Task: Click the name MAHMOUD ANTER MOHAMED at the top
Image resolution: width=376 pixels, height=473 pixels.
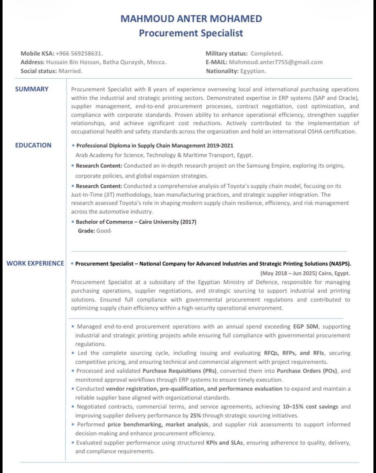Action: (191, 19)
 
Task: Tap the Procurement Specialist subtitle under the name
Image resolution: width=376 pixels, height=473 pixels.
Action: (191, 33)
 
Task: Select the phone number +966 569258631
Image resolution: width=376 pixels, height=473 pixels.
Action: (79, 54)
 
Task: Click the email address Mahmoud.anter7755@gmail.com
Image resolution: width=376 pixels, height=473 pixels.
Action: (275, 62)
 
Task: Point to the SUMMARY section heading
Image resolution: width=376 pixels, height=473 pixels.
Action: (32, 89)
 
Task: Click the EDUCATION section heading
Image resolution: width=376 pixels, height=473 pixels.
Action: (33, 145)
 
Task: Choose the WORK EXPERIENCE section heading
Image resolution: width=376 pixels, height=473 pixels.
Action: (35, 263)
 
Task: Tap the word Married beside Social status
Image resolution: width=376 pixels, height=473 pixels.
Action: (70, 71)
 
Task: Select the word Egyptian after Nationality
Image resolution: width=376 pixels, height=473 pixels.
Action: (253, 71)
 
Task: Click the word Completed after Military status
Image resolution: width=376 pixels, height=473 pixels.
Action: (266, 54)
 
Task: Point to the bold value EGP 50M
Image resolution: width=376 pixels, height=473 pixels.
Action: (306, 326)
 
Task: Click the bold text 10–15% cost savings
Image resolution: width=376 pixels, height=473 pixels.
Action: (311, 406)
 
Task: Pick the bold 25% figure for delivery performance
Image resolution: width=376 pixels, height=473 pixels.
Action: (195, 416)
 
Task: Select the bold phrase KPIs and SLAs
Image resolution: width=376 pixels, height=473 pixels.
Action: (224, 442)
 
